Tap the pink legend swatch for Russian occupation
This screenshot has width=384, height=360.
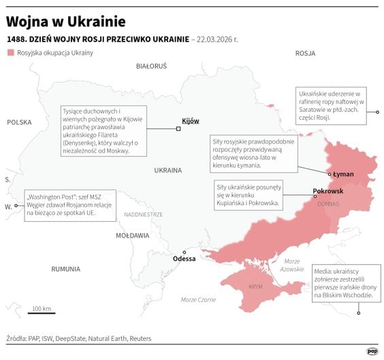pyautogui.click(x=10, y=52)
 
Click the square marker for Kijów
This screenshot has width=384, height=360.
pyautogui.click(x=178, y=128)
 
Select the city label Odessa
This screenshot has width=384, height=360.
pyautogui.click(x=184, y=259)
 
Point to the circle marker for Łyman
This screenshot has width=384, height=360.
pyautogui.click(x=331, y=174)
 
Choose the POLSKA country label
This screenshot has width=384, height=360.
pyautogui.click(x=19, y=122)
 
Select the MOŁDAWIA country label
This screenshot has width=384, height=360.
pyautogui.click(x=132, y=235)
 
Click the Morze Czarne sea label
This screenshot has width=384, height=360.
pyautogui.click(x=198, y=300)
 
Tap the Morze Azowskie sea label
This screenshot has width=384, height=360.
pyautogui.click(x=292, y=265)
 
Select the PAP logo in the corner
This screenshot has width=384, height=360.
pyautogui.click(x=372, y=351)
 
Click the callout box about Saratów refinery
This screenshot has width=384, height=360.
pyautogui.click(x=332, y=104)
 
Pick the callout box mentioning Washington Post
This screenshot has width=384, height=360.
pyautogui.click(x=69, y=204)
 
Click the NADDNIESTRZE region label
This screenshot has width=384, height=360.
pyautogui.click(x=144, y=214)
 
